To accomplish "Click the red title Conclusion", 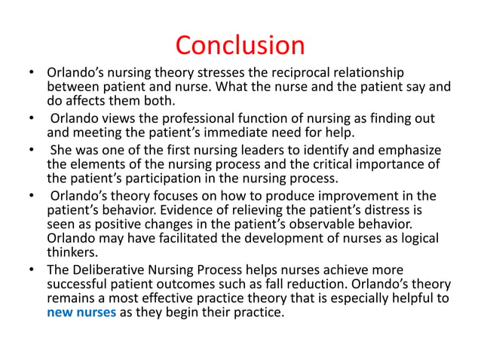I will [x=240, y=45].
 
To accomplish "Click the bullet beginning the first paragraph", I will [x=30, y=73].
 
